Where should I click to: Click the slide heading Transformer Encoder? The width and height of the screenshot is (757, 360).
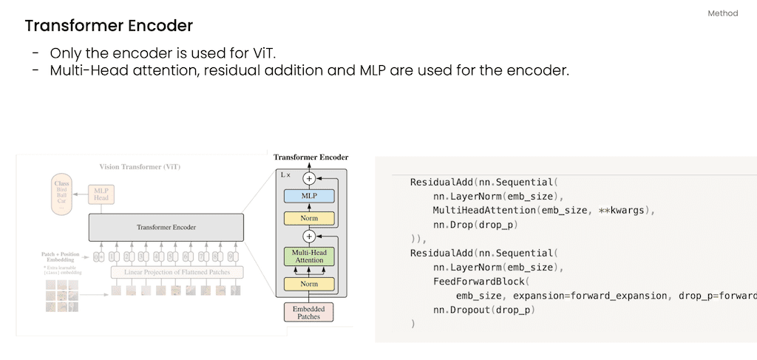(109, 26)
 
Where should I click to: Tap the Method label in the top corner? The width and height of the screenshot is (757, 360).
(722, 14)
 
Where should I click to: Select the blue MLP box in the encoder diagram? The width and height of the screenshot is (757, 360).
(308, 197)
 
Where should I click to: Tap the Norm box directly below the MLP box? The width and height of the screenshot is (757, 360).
(308, 218)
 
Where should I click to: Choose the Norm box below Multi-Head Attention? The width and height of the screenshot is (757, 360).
(308, 284)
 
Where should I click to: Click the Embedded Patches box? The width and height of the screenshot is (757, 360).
(308, 312)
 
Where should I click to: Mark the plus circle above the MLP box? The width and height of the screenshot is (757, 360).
(309, 178)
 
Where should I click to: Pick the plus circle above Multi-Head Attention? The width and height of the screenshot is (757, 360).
(309, 237)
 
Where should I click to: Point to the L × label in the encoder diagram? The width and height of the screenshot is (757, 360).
(286, 175)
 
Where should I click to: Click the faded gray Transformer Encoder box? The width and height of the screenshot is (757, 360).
(166, 227)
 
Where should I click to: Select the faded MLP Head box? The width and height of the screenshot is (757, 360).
(102, 194)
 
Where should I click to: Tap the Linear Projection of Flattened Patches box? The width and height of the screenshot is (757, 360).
(176, 272)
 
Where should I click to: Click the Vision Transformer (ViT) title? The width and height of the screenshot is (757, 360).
(140, 167)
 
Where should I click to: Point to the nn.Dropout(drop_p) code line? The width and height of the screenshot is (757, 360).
(483, 310)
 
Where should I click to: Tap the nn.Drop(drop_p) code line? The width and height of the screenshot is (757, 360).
(475, 225)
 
